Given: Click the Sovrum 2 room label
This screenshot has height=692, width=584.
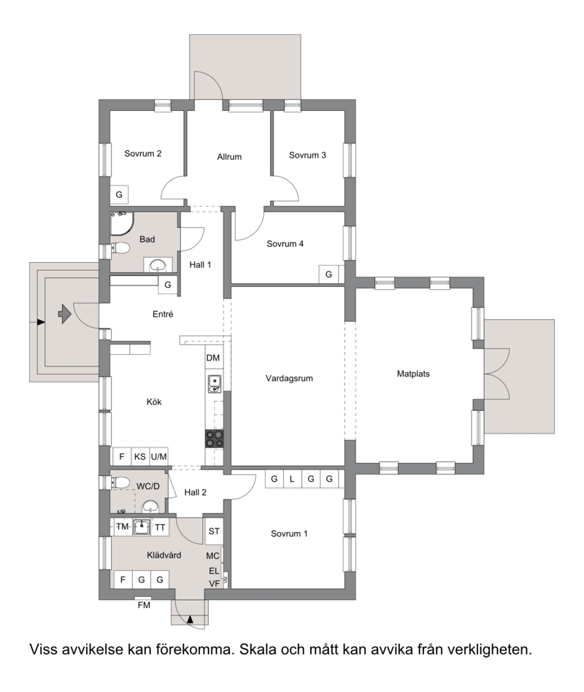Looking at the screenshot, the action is coord(142,153).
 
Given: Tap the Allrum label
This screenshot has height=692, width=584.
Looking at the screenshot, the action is coord(229,157).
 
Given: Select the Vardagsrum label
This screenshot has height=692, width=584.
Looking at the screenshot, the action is coord(289,378).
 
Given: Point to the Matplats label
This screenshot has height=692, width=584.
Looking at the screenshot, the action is coord(413,374).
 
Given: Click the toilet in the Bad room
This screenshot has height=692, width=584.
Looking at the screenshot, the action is coord(120,248).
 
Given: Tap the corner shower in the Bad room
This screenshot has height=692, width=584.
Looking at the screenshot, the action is coord(122,223).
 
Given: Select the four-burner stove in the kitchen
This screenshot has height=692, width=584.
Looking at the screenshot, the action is coord(215,439).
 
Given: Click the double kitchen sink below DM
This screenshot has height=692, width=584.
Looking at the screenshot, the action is coord(215,383).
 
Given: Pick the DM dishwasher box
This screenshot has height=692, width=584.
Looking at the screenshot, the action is coord(213,358).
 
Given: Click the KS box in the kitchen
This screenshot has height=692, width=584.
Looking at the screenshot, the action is coord(140,457).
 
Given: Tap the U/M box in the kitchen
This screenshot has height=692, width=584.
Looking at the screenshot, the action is coord(159,457).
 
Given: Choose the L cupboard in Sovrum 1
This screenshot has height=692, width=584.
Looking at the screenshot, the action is coord(292,479).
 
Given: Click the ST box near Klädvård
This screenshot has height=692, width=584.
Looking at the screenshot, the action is coord(214,531).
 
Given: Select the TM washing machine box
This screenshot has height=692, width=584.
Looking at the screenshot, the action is coord(122,527).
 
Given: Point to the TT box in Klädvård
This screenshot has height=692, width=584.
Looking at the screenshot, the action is coord(160,527).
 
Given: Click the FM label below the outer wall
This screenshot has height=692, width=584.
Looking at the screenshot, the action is coord(144,605).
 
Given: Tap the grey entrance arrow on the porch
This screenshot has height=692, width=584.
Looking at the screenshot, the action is coord(65,314).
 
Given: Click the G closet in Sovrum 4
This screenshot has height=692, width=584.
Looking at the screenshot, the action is coord(328,274).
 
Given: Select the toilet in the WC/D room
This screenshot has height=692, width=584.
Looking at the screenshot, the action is coord(120,483).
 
